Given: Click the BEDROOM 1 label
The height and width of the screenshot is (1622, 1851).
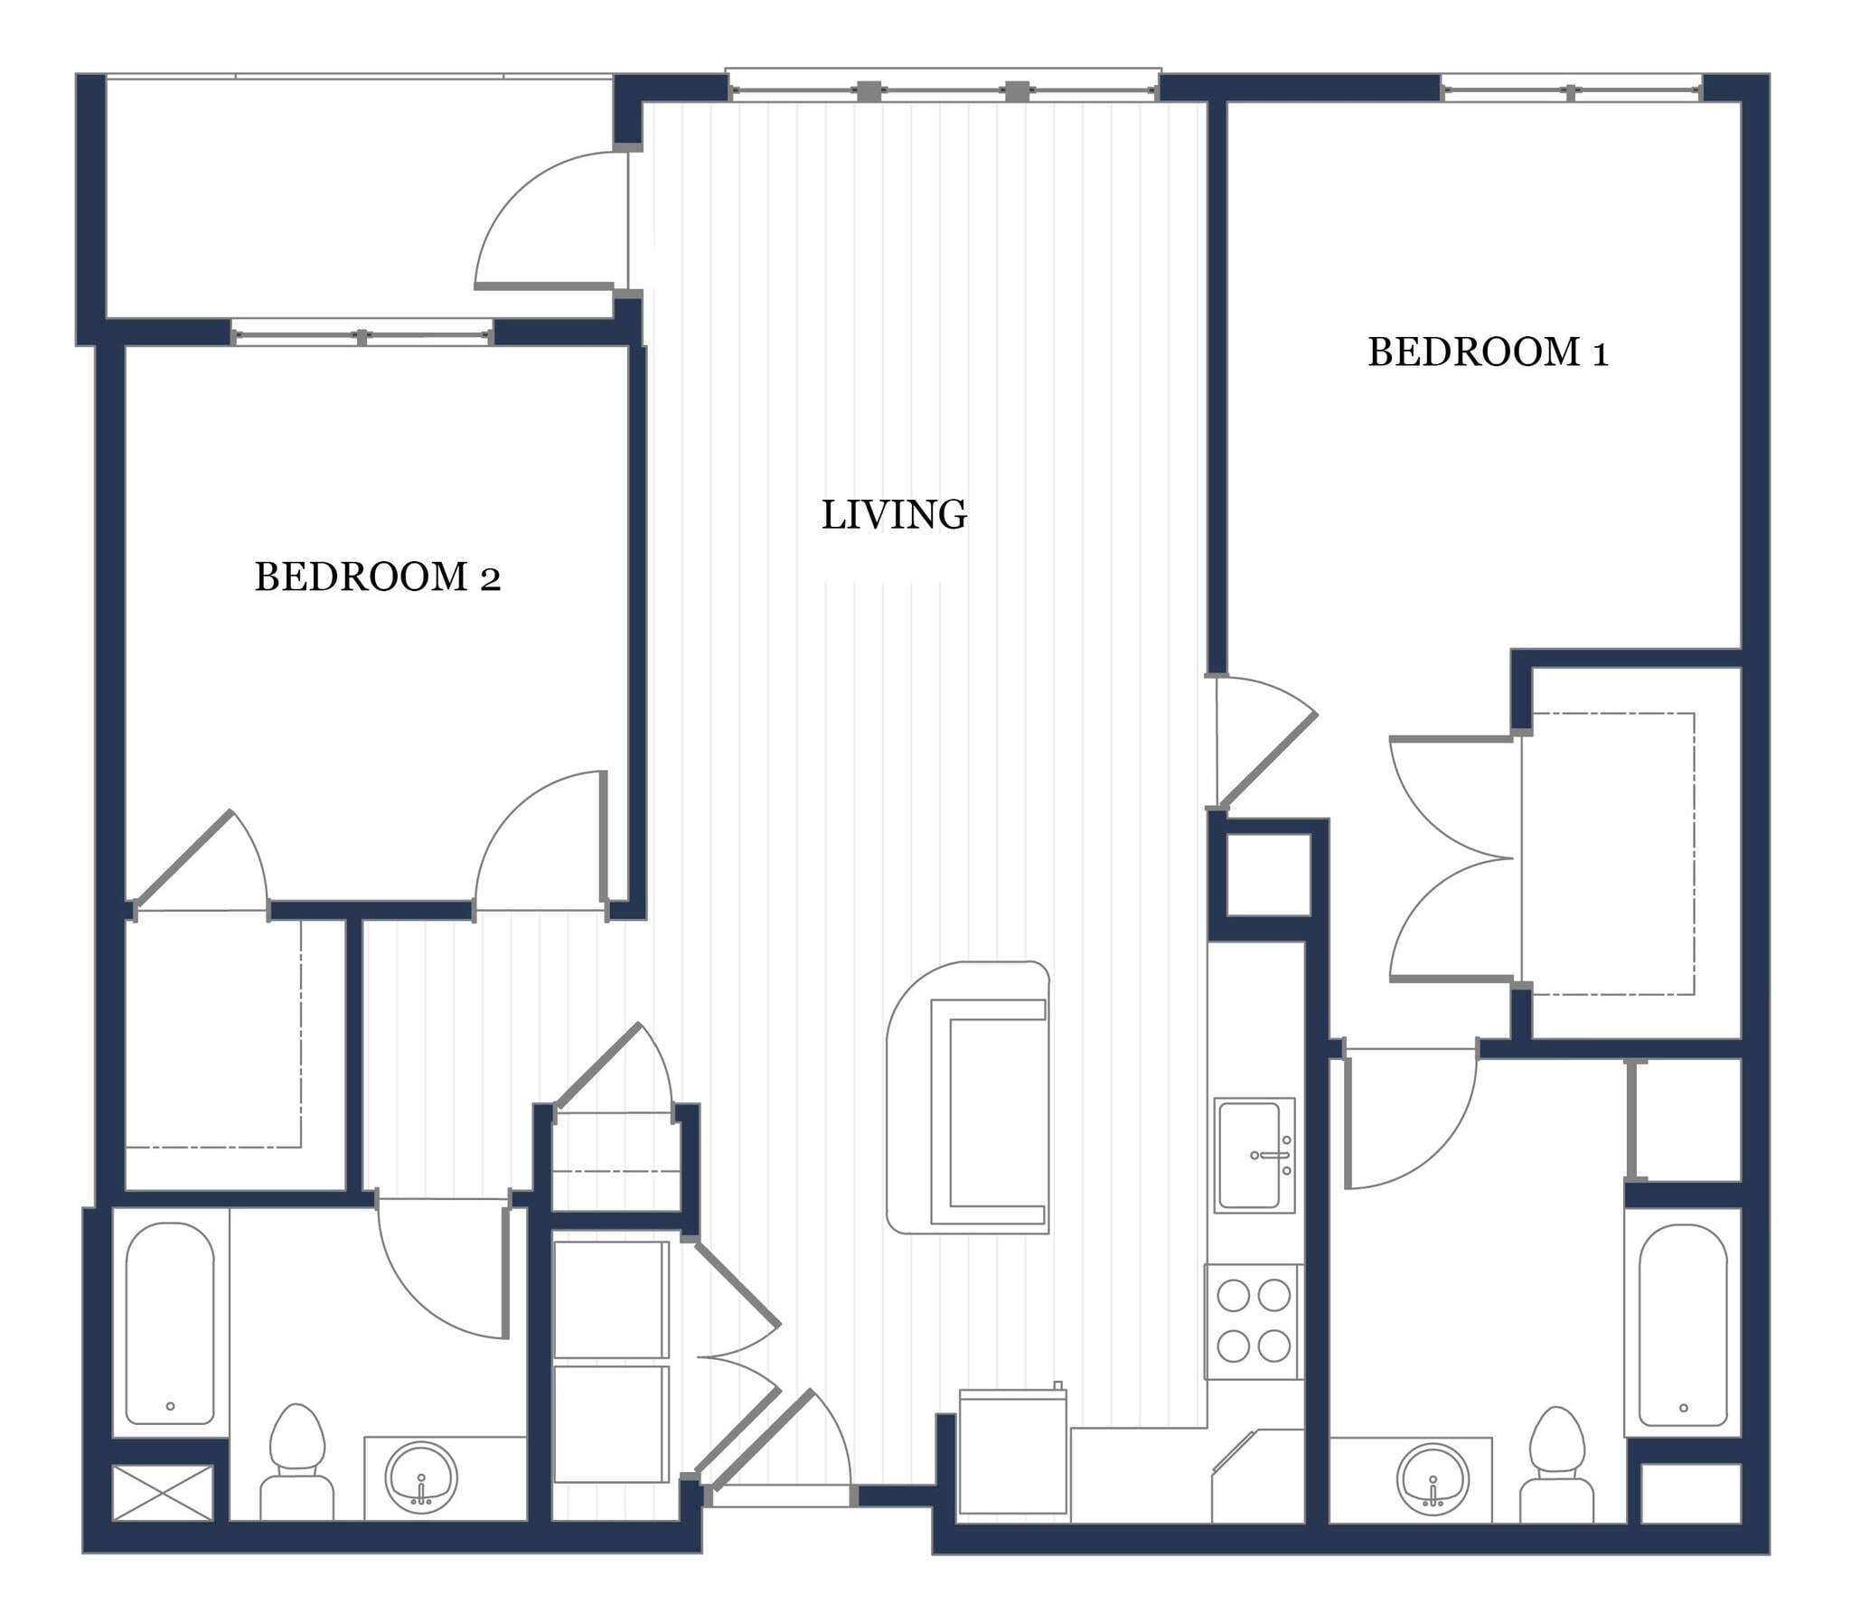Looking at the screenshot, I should tap(1487, 352).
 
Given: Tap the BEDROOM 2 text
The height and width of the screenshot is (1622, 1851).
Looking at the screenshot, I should tap(378, 577).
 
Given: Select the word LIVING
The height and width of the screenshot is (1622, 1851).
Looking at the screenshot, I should tap(893, 514).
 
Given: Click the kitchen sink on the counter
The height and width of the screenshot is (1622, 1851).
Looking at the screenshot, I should tap(1254, 1156).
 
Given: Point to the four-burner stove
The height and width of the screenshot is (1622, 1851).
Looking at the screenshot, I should tap(1253, 1321).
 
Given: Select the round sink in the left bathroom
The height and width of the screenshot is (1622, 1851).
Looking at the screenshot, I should tap(421, 1477).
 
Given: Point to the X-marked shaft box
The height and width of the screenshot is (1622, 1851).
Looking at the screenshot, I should tap(163, 1493).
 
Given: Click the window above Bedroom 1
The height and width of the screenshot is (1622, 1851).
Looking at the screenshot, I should tap(1572, 89).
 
